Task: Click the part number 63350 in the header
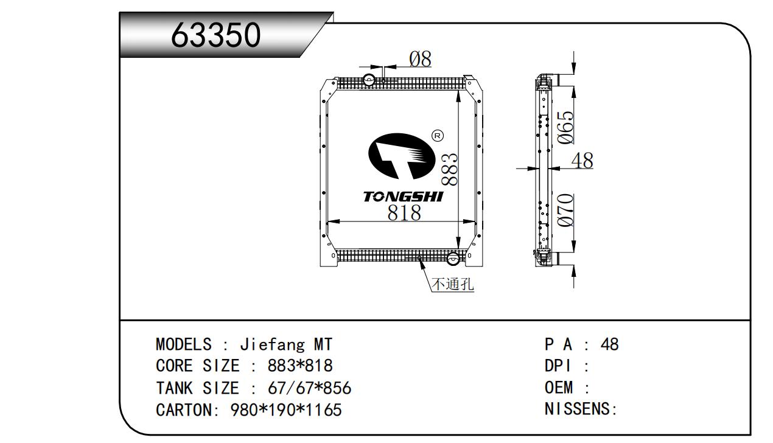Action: click(216, 35)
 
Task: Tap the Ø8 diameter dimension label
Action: click(420, 60)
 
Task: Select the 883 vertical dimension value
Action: click(450, 169)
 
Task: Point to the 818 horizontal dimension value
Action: click(404, 212)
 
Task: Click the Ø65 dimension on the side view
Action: click(566, 127)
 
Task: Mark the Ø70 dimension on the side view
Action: click(566, 210)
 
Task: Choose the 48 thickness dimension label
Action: click(582, 160)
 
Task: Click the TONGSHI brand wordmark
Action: click(404, 197)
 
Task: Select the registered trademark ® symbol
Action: click(437, 136)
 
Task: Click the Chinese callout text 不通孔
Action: click(452, 284)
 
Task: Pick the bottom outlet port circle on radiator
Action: click(453, 259)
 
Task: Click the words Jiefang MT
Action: click(286, 344)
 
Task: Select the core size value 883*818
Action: click(300, 366)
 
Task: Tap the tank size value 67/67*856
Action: click(309, 388)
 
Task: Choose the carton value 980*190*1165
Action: click(286, 410)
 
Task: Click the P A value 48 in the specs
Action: click(609, 344)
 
